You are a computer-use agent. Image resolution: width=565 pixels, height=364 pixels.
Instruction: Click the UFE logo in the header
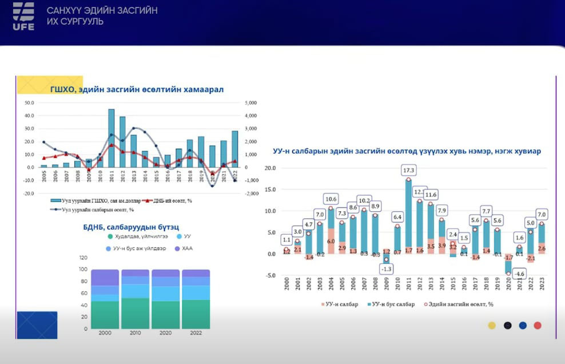[x=23, y=16]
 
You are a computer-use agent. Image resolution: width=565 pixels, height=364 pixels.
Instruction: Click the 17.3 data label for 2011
[x=408, y=170]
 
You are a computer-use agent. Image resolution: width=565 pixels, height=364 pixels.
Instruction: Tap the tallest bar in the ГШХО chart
[x=111, y=137]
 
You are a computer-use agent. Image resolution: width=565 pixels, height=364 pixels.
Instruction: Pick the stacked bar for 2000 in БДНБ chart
[x=105, y=299]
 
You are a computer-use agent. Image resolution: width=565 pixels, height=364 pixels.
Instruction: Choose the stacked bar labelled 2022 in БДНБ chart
[x=196, y=299]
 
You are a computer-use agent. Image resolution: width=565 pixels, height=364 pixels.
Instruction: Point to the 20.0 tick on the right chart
[x=269, y=168]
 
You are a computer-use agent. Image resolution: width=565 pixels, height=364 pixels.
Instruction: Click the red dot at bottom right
[x=537, y=326]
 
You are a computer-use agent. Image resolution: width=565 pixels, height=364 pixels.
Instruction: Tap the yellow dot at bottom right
[x=491, y=326]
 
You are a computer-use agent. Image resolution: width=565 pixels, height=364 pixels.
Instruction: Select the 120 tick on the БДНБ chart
[x=83, y=258]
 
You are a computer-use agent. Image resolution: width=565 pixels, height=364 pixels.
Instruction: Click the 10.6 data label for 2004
[x=331, y=199]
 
